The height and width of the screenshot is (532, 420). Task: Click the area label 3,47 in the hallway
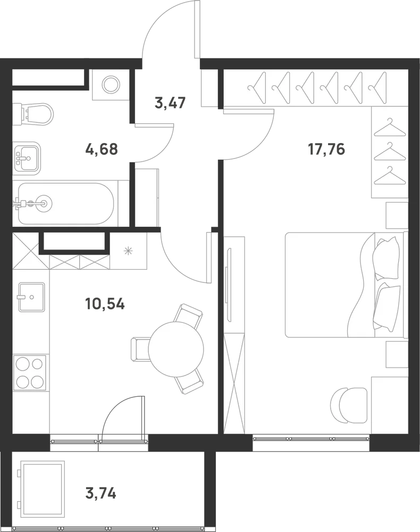coord(170,103)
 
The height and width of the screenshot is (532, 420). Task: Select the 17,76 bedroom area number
coord(326,149)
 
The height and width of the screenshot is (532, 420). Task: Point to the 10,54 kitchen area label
coord(105,304)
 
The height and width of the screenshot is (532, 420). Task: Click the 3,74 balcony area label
coord(101,493)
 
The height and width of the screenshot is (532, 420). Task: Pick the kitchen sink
coord(31,297)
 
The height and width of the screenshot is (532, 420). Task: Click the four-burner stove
coord(29,373)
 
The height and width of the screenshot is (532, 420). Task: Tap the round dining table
coord(177,349)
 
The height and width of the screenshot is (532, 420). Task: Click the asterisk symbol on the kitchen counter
coord(128,252)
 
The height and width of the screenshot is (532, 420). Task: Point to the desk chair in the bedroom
coord(348,405)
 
